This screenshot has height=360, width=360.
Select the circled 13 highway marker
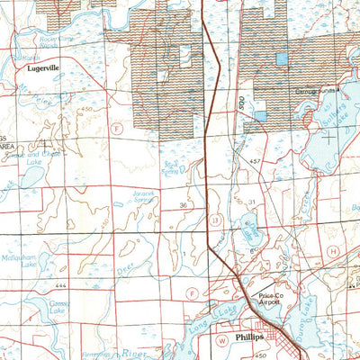[x=215, y=219]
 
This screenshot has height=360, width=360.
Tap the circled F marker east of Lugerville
[x=115, y=129]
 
